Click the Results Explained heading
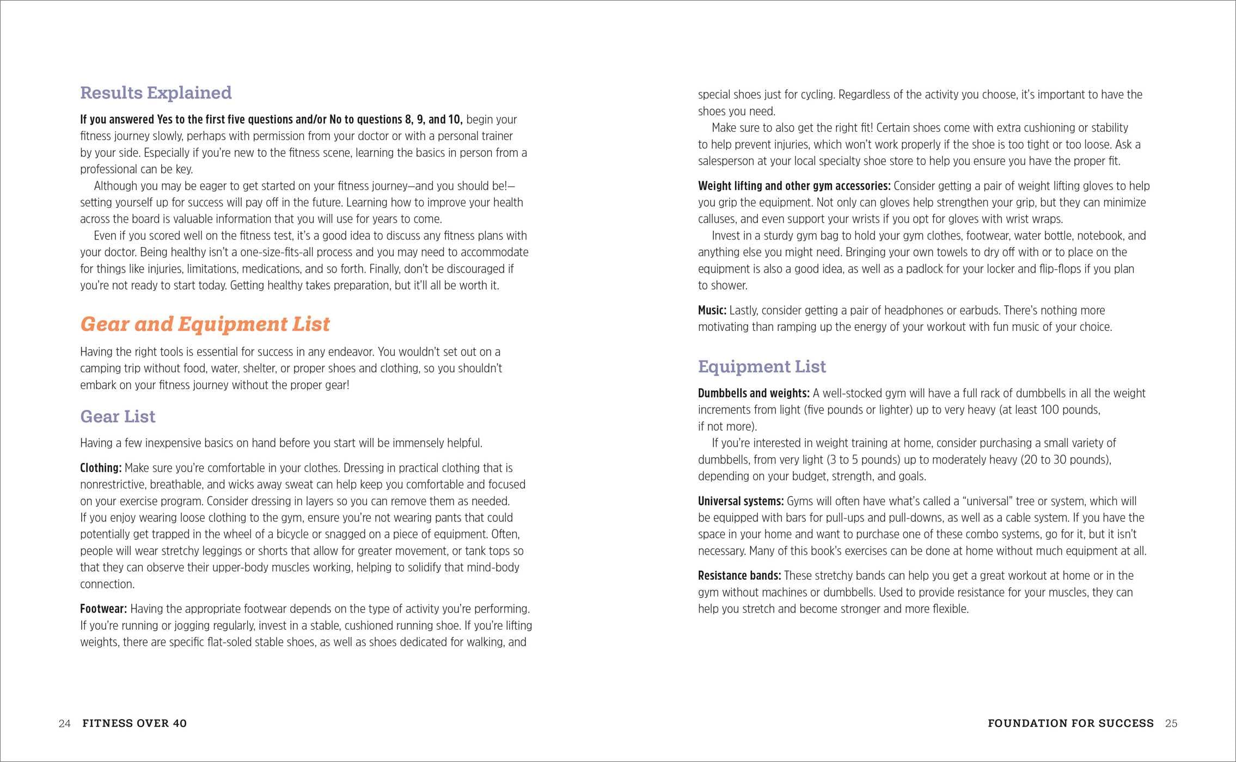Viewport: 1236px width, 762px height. [156, 93]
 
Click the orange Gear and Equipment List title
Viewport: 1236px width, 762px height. [205, 324]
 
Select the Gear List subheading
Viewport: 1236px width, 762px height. [118, 416]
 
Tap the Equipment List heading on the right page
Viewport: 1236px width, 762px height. [762, 366]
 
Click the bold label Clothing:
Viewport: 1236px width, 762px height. [101, 468]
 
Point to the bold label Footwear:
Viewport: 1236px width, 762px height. [103, 609]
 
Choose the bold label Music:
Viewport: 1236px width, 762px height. [712, 311]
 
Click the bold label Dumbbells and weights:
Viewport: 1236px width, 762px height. [754, 394]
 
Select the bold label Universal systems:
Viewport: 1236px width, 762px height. [741, 501]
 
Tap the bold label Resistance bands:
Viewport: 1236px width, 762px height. [739, 576]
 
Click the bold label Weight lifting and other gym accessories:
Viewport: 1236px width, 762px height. [794, 186]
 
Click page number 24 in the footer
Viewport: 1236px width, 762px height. [64, 723]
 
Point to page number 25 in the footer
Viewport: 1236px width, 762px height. [1171, 723]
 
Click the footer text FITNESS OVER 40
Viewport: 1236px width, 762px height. [134, 723]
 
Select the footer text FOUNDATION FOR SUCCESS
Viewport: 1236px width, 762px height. [1070, 723]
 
